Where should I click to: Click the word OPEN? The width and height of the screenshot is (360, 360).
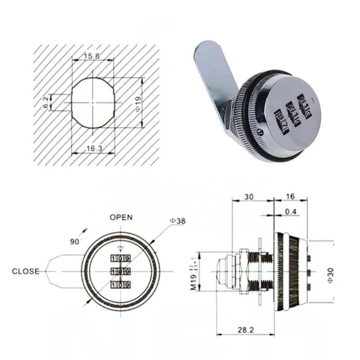click(121, 217)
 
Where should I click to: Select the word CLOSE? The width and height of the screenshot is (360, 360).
click(26, 271)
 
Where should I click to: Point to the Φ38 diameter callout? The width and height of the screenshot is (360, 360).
click(176, 221)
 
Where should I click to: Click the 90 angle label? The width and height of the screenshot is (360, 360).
click(74, 242)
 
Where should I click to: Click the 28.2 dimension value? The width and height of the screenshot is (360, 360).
click(246, 330)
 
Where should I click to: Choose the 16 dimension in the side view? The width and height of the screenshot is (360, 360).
click(290, 197)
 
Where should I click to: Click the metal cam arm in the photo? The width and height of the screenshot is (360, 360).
click(211, 81)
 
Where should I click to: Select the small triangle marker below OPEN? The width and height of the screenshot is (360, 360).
click(120, 248)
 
